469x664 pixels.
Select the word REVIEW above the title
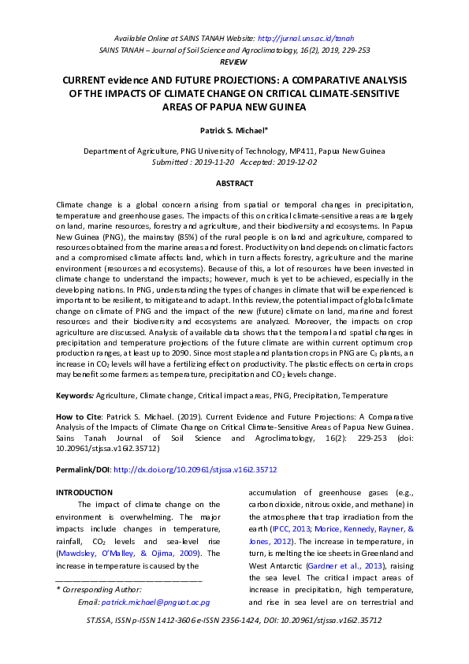point(233,61)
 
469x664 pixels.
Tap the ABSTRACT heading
point(234,184)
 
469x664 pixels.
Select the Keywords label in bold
point(74,394)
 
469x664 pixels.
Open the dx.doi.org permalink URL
point(195,469)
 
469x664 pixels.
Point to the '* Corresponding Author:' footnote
point(99,589)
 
